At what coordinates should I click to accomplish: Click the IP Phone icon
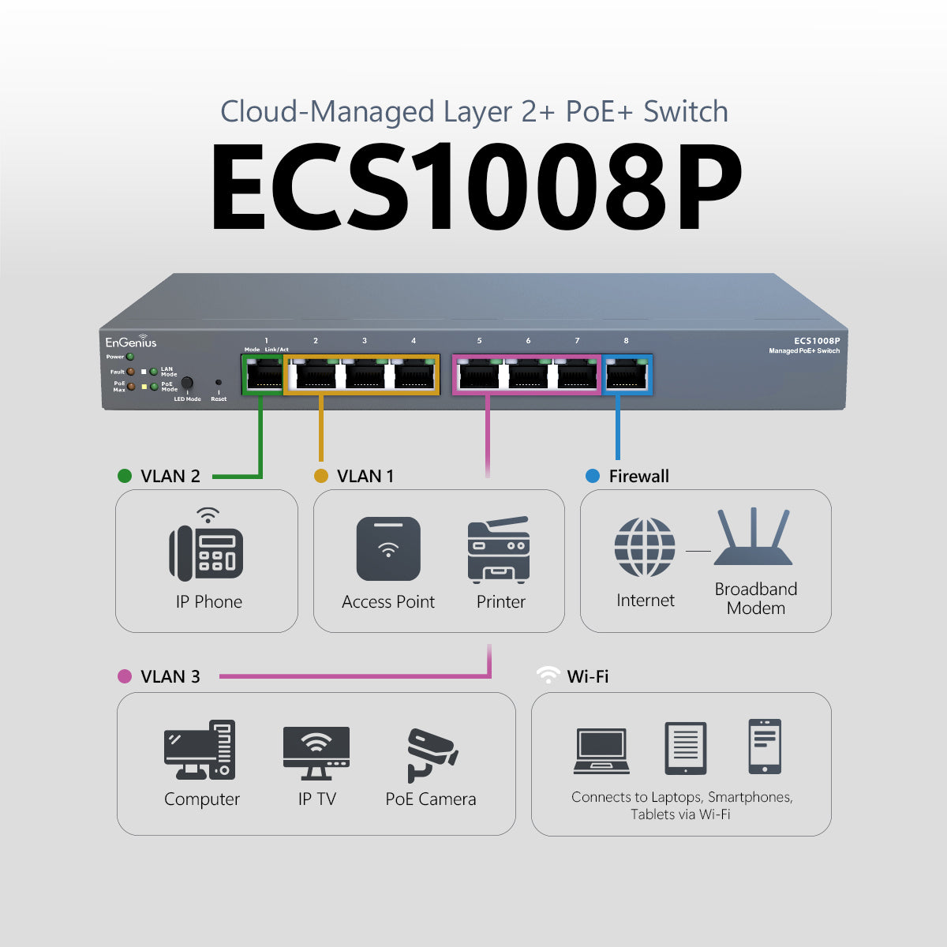[206, 545]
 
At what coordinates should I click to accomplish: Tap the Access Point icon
[388, 548]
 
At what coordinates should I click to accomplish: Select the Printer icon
[498, 549]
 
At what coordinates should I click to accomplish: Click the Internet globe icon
[644, 547]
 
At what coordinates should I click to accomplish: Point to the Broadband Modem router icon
[753, 537]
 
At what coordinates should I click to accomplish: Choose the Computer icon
[200, 750]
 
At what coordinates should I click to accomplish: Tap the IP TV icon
[316, 753]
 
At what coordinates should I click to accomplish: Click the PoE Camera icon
[432, 755]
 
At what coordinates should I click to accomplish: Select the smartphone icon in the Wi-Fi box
[764, 747]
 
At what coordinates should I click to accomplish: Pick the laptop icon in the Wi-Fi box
[601, 751]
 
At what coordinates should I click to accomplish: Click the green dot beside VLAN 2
[125, 476]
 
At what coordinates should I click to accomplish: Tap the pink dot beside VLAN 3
[125, 676]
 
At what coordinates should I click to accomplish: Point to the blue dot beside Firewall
[593, 476]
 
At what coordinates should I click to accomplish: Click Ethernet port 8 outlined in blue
[627, 375]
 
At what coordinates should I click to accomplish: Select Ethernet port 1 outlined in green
[263, 375]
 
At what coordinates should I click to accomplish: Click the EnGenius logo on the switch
[131, 341]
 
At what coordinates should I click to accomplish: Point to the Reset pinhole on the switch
[219, 382]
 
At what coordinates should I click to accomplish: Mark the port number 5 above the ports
[479, 341]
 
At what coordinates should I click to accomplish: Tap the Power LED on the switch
[129, 357]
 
